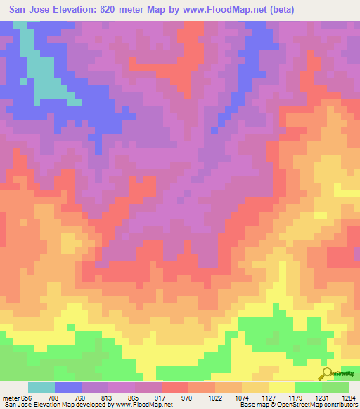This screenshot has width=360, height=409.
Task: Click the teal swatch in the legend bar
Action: point(41,387)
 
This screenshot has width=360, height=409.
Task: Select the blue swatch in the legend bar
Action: point(68,387)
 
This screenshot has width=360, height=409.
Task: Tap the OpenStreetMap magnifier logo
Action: point(327,375)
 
